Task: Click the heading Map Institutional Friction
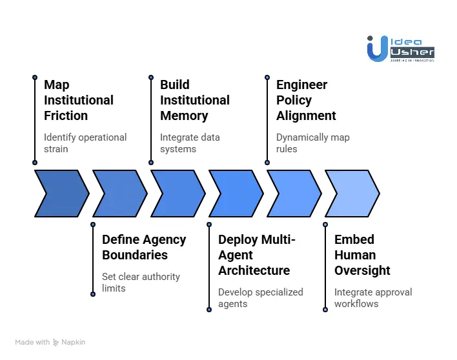78,100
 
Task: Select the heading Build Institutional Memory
194,100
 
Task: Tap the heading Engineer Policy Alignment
306,100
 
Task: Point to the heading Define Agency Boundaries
144,247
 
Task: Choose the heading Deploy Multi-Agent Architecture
256,255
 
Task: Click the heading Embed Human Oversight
362,255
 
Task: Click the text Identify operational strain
85,143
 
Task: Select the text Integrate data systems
190,143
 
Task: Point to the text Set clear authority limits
141,282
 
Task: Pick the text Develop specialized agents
260,297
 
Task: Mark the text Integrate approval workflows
372,297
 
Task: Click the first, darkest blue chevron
61,193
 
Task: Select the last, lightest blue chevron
352,193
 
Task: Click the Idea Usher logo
400,48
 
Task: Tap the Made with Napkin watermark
50,342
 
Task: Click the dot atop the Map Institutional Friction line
35,77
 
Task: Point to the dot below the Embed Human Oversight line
325,310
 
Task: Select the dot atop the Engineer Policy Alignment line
267,77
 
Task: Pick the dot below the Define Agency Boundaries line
93,294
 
